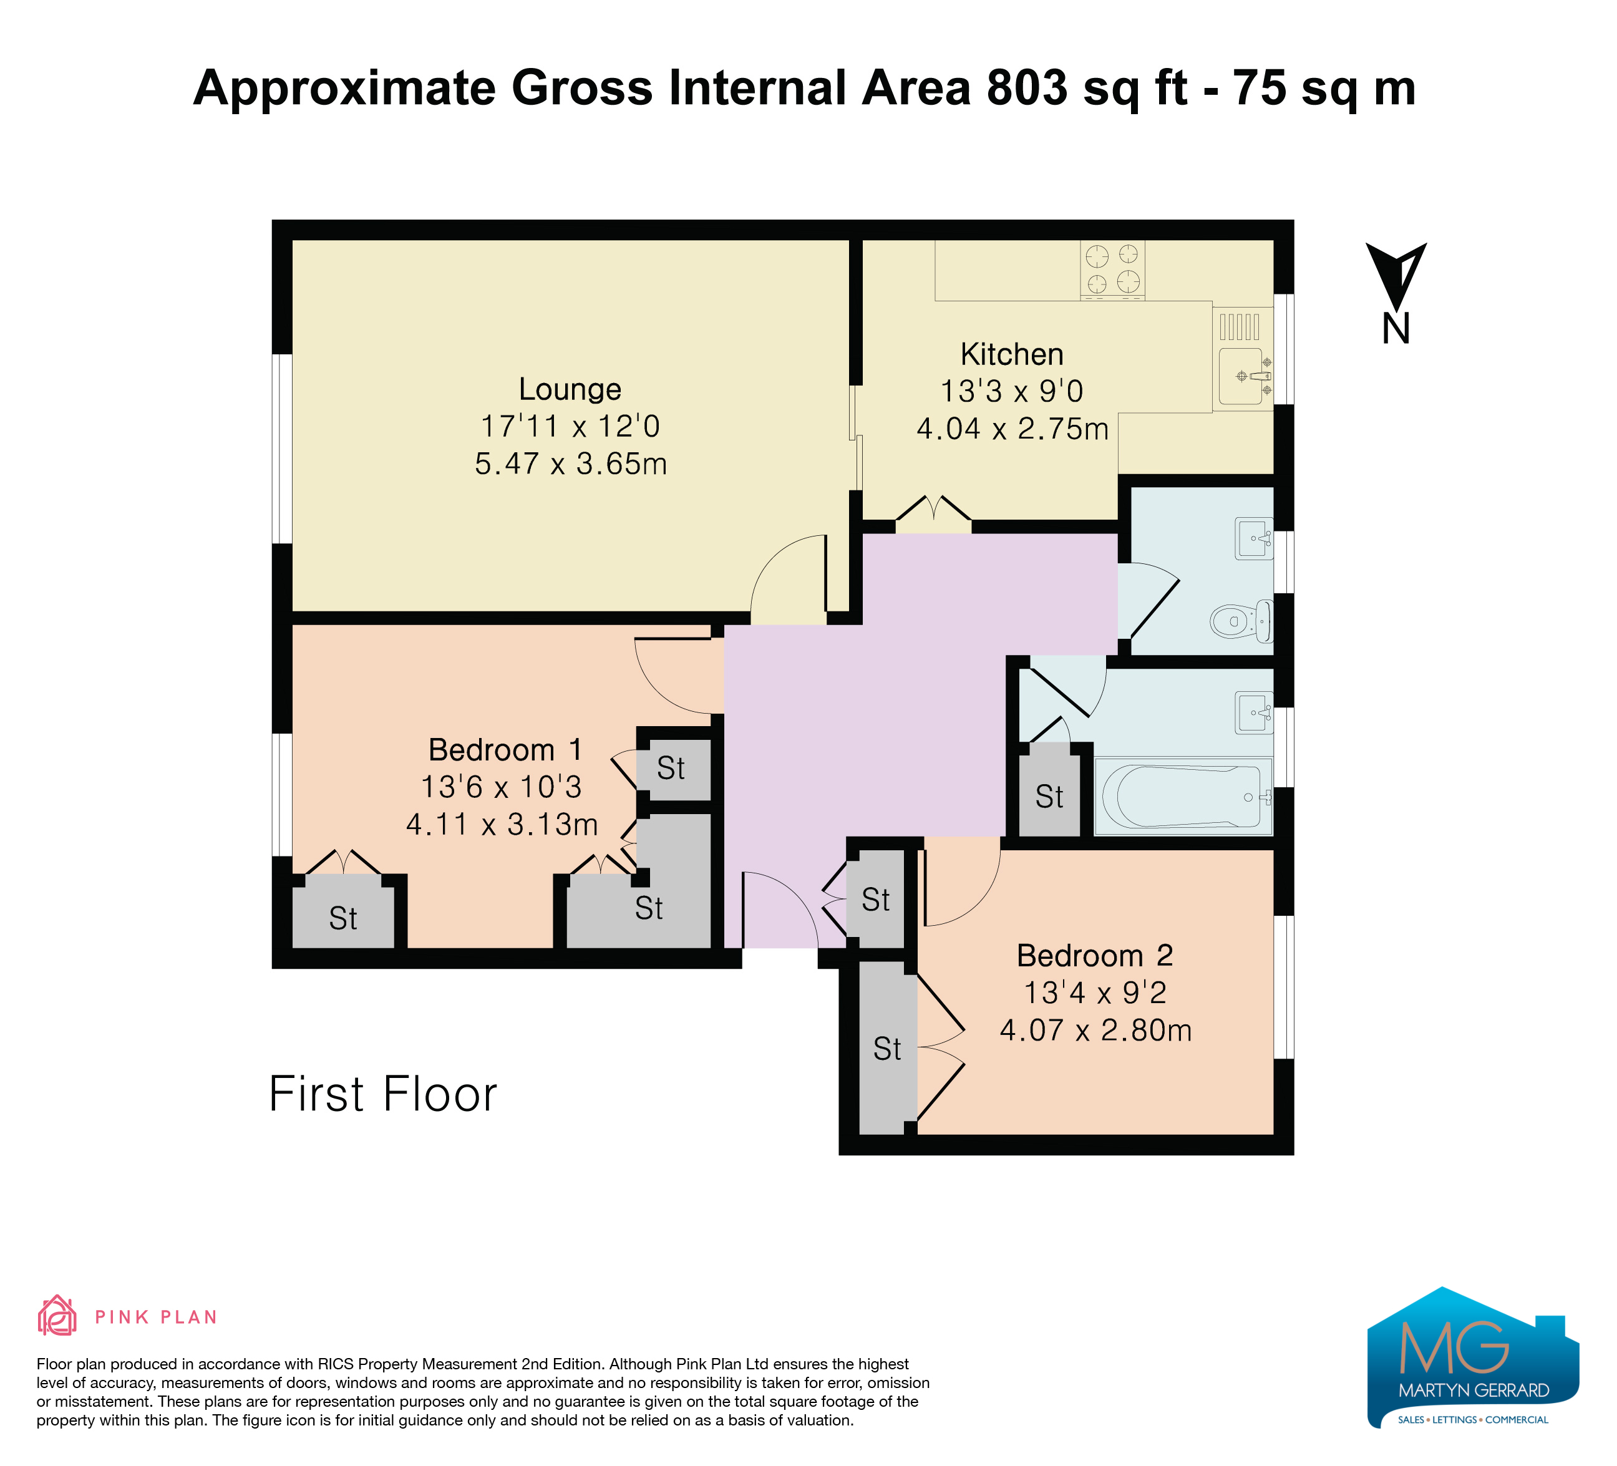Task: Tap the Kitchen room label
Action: click(1012, 354)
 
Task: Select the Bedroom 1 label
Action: click(505, 750)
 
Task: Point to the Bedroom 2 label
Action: click(1095, 956)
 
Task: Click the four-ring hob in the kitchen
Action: click(1112, 269)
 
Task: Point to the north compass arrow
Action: click(1396, 277)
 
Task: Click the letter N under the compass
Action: click(1396, 329)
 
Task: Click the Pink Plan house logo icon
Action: click(57, 1316)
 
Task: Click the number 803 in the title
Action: click(1027, 87)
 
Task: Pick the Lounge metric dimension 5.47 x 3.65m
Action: click(571, 464)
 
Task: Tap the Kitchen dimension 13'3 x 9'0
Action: click(1012, 391)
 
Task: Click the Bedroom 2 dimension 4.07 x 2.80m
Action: click(1095, 1031)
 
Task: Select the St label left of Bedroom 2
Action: click(887, 1049)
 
